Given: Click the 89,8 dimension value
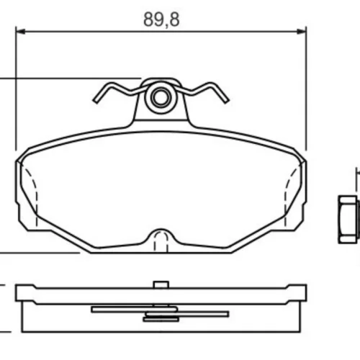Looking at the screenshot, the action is [161, 19].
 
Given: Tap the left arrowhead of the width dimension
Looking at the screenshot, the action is [20, 32].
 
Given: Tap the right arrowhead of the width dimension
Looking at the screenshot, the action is [302, 32].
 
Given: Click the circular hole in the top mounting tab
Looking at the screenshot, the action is [161, 97].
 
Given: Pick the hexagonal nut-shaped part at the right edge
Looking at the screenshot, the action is [348, 219].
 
